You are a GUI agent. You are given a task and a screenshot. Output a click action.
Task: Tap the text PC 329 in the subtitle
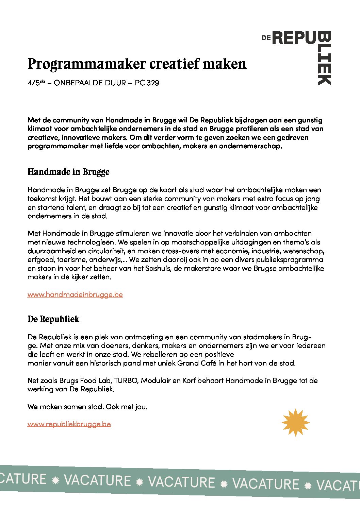(147, 83)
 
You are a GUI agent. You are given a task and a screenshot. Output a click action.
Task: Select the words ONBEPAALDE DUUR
(90, 83)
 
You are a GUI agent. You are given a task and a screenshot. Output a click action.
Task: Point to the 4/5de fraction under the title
(36, 83)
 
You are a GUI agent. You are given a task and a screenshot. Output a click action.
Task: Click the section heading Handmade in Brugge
(68, 172)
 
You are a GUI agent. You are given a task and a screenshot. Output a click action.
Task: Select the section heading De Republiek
(53, 319)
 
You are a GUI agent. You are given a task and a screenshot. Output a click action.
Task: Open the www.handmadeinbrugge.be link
(75, 294)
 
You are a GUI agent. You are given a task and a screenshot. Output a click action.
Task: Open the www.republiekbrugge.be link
(69, 424)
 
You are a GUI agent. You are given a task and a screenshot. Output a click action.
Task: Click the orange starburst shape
(295, 423)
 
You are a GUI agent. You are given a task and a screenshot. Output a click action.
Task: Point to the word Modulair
(156, 380)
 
